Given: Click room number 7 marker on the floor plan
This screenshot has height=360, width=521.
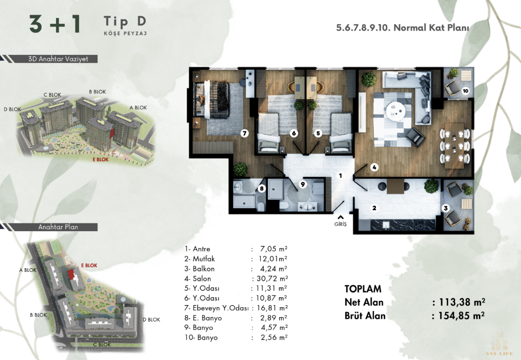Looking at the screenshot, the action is (x=244, y=134).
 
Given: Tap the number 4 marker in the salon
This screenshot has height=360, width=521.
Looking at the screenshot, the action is (x=374, y=167).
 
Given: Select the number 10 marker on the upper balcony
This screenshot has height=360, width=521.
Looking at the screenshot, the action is (x=465, y=91).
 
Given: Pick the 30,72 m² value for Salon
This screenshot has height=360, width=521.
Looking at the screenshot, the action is (x=272, y=279).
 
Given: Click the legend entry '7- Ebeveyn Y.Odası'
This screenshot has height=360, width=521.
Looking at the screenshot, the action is (x=216, y=308).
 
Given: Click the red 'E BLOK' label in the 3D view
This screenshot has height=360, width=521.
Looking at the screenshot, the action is (x=100, y=159).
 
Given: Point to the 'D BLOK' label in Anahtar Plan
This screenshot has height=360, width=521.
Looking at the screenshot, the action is (x=151, y=320).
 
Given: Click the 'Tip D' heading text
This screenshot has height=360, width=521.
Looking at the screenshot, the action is (x=125, y=21).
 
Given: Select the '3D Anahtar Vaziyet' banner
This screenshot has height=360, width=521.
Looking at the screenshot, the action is (x=58, y=59).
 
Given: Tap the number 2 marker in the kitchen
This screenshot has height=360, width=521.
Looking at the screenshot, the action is (x=374, y=209).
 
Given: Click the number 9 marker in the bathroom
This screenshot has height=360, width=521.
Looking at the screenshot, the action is (x=302, y=184).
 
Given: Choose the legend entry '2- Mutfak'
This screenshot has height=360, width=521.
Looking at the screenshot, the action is (x=200, y=259).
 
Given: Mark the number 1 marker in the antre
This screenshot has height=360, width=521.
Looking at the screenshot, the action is (x=340, y=175).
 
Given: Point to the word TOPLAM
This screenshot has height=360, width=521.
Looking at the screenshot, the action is (x=363, y=289).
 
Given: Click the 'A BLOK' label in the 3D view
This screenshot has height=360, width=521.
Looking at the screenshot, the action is (x=138, y=108).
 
